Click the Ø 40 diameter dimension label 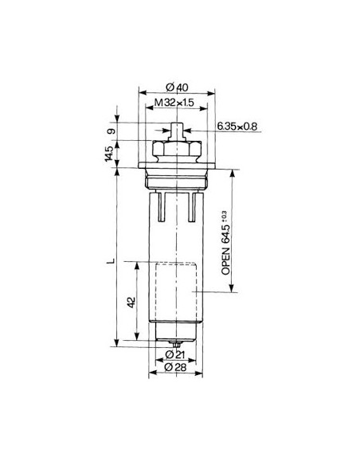(x=178, y=87)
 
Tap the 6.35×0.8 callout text (x=237, y=125)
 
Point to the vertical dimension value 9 (x=112, y=131)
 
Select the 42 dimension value (x=132, y=303)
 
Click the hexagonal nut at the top (x=174, y=150)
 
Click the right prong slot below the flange (x=191, y=205)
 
